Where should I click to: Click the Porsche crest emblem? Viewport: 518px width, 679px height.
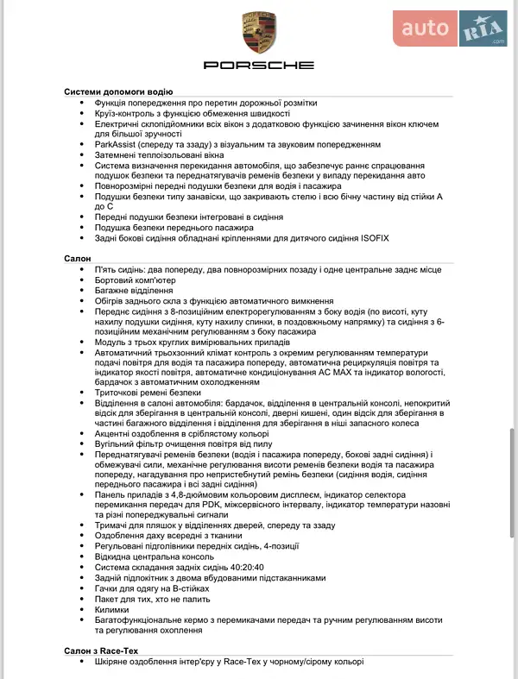pos(259,34)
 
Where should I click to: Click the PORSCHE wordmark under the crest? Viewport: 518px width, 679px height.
pos(259,66)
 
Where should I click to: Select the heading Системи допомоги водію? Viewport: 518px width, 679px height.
pos(119,91)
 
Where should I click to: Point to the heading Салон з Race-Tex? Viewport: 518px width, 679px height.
pos(102,650)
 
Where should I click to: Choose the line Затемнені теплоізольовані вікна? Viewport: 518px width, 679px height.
pos(165,155)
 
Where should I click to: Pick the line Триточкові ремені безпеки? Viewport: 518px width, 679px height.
pos(148,392)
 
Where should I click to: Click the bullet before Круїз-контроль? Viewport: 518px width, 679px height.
pos(81,113)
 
